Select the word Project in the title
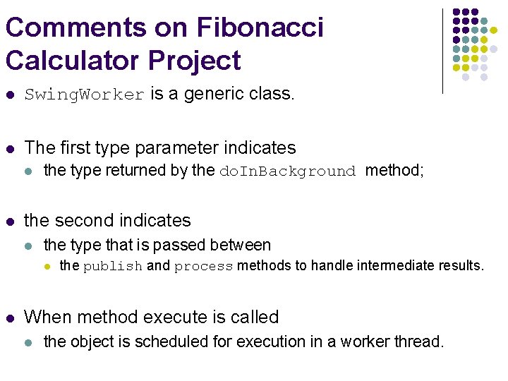pyautogui.click(x=195, y=61)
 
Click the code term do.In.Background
pyautogui.click(x=288, y=171)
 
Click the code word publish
pyautogui.click(x=113, y=267)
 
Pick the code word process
pyautogui.click(x=204, y=267)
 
